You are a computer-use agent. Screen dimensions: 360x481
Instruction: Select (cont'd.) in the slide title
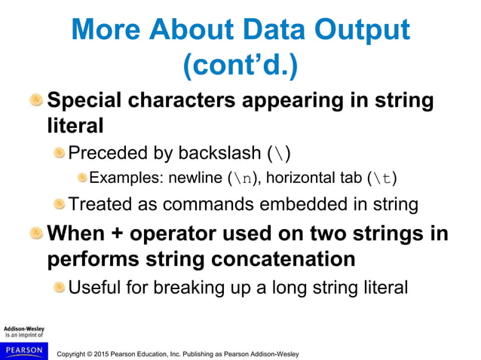click(240, 66)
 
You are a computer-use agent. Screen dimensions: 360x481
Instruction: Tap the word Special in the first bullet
click(86, 100)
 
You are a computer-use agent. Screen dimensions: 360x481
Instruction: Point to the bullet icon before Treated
click(59, 203)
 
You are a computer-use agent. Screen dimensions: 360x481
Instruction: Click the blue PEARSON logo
click(23, 350)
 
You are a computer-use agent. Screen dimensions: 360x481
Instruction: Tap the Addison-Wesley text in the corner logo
click(23, 329)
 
